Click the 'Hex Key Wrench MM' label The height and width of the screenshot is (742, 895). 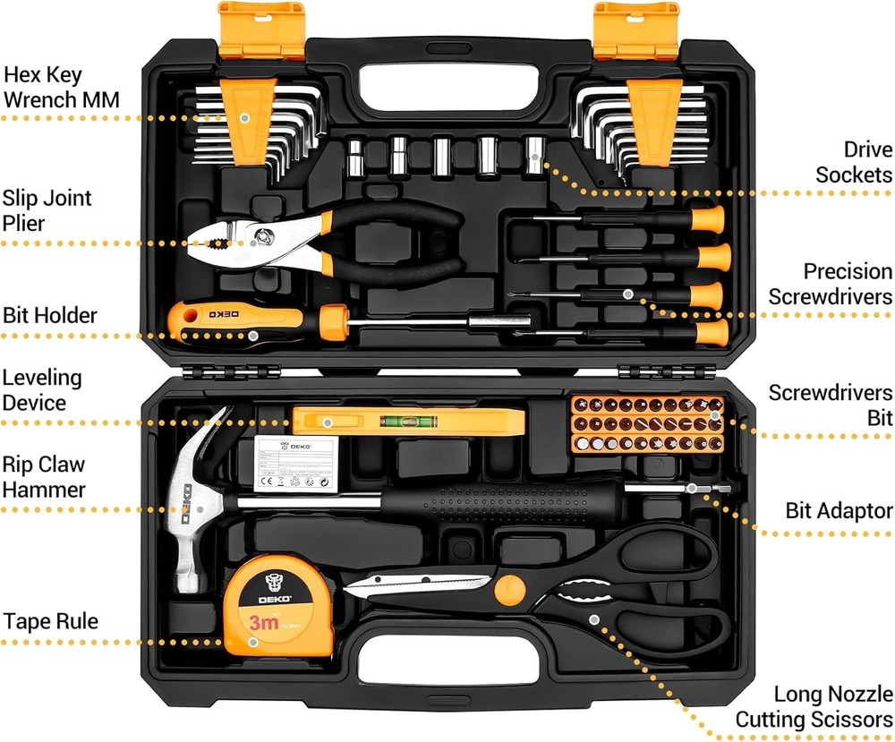pos(62,85)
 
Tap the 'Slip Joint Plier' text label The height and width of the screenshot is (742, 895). pos(47,209)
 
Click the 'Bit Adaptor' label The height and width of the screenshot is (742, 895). pos(839,510)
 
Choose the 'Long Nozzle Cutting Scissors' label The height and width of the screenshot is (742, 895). pos(814,706)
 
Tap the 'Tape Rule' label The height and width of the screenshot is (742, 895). pos(50,621)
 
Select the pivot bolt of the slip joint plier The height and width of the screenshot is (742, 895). pos(263,237)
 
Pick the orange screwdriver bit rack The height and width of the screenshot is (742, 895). pos(647,424)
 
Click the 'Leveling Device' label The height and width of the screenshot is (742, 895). pos(41,390)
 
